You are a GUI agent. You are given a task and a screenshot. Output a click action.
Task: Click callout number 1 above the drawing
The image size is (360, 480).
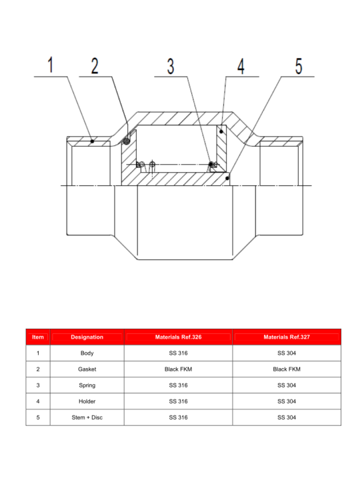51,65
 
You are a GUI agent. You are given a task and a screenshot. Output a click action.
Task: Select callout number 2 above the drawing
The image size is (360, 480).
95,65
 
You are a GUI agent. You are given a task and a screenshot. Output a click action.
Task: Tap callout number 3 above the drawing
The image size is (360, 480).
171,66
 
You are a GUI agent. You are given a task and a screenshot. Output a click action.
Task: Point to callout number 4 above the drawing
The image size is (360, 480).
241,66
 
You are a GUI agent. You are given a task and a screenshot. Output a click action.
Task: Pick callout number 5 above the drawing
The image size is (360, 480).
299,66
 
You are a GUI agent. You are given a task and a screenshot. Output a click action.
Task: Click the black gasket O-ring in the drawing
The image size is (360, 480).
126,141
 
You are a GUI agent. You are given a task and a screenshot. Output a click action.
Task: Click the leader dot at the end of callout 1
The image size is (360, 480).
92,141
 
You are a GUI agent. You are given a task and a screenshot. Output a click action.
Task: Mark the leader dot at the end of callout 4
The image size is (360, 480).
221,131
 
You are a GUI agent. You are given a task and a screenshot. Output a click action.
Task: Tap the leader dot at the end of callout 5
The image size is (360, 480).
227,178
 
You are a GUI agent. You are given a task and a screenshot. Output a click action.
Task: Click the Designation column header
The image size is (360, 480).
87,337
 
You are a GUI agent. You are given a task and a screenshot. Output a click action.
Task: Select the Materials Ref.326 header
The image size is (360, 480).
178,337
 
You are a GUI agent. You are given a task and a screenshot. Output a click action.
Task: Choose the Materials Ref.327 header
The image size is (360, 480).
287,337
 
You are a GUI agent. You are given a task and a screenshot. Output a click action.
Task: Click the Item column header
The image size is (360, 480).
38,337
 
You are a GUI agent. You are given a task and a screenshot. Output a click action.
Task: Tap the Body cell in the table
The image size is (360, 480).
87,353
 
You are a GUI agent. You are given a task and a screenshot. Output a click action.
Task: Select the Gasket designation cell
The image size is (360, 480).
87,369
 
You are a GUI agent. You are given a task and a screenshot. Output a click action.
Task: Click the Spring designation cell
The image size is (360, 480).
87,385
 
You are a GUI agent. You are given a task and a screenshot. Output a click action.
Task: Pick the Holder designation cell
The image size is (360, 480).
87,401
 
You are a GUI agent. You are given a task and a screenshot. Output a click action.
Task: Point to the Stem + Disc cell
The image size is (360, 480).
87,417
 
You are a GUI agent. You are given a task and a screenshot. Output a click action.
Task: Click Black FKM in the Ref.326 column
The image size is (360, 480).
178,369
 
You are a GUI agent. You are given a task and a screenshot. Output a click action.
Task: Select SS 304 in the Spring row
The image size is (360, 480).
287,385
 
